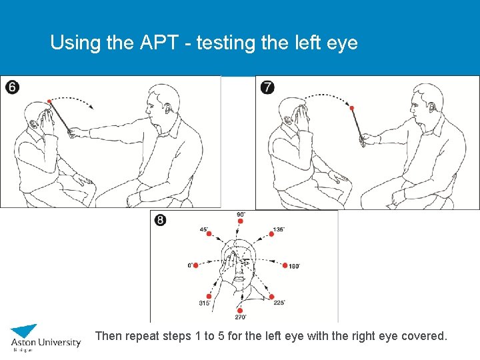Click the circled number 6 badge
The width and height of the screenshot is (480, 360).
click(x=12, y=87)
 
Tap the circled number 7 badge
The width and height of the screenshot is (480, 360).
click(x=267, y=87)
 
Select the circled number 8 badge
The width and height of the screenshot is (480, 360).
click(x=161, y=220)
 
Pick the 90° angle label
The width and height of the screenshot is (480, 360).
click(x=241, y=214)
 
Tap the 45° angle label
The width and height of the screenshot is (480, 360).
click(x=204, y=229)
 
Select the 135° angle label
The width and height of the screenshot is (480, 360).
click(x=279, y=229)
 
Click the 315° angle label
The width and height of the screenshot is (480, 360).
click(x=205, y=303)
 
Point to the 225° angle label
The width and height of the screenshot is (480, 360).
click(x=279, y=303)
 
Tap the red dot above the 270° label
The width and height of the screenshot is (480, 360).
click(x=241, y=309)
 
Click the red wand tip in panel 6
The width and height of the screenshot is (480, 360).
click(x=49, y=101)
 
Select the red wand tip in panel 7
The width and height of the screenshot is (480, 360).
click(x=352, y=107)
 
